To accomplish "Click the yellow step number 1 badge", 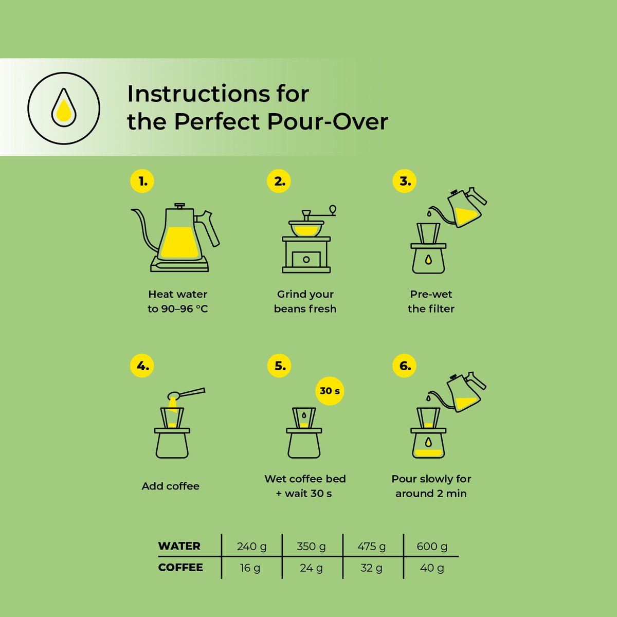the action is click(142, 181).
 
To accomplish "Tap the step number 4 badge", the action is click(142, 366).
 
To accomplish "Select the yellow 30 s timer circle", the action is click(330, 391).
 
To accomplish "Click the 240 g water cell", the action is click(251, 546).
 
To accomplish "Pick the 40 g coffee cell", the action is click(432, 568).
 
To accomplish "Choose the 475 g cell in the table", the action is click(371, 546).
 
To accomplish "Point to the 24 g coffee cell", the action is click(311, 568).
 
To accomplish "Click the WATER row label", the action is click(179, 546).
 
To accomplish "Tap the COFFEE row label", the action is click(180, 567).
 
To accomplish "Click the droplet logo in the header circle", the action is click(64, 107).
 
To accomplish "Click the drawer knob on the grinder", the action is click(306, 259).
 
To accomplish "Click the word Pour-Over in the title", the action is click(328, 122).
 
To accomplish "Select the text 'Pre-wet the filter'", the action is click(431, 301).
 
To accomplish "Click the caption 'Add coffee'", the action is click(170, 486).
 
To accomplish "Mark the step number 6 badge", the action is click(405, 366).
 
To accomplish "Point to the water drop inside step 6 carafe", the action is click(428, 442).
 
